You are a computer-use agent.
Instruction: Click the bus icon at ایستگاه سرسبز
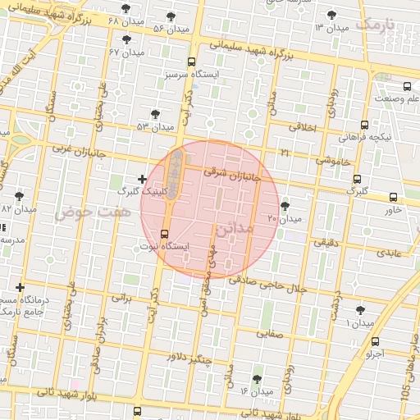(191, 62)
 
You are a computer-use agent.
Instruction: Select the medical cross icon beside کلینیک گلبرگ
(142, 178)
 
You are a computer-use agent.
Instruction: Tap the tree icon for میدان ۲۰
(285, 206)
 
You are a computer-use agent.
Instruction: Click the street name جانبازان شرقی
(236, 174)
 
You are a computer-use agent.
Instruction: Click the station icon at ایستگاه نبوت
(166, 234)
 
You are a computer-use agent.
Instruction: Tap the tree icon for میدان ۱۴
(258, 379)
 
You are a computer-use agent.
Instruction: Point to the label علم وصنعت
(396, 99)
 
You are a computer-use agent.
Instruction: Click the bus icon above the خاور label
(394, 197)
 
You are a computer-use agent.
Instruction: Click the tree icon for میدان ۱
(360, 310)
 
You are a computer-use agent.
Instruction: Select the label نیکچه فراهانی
(369, 137)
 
